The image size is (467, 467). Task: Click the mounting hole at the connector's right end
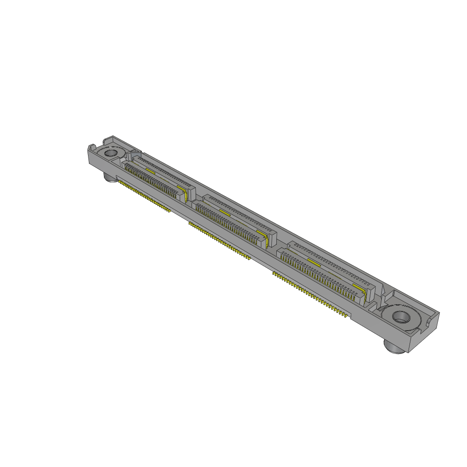(x=400, y=316)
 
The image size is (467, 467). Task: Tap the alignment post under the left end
(x=111, y=178)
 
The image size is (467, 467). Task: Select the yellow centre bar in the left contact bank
(x=150, y=170)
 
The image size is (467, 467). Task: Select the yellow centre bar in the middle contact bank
(x=224, y=212)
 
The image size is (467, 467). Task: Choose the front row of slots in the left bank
(x=150, y=182)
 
